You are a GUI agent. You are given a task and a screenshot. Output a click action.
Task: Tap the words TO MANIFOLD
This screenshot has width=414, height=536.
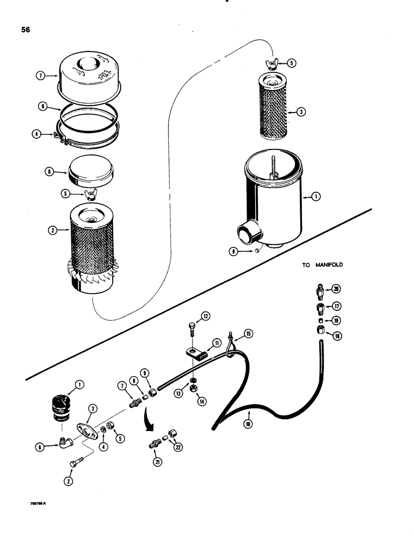(x=322, y=265)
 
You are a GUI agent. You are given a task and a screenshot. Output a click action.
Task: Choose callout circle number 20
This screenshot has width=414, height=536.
(x=336, y=289)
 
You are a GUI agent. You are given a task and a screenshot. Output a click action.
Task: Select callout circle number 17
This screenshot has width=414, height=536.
(x=336, y=308)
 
